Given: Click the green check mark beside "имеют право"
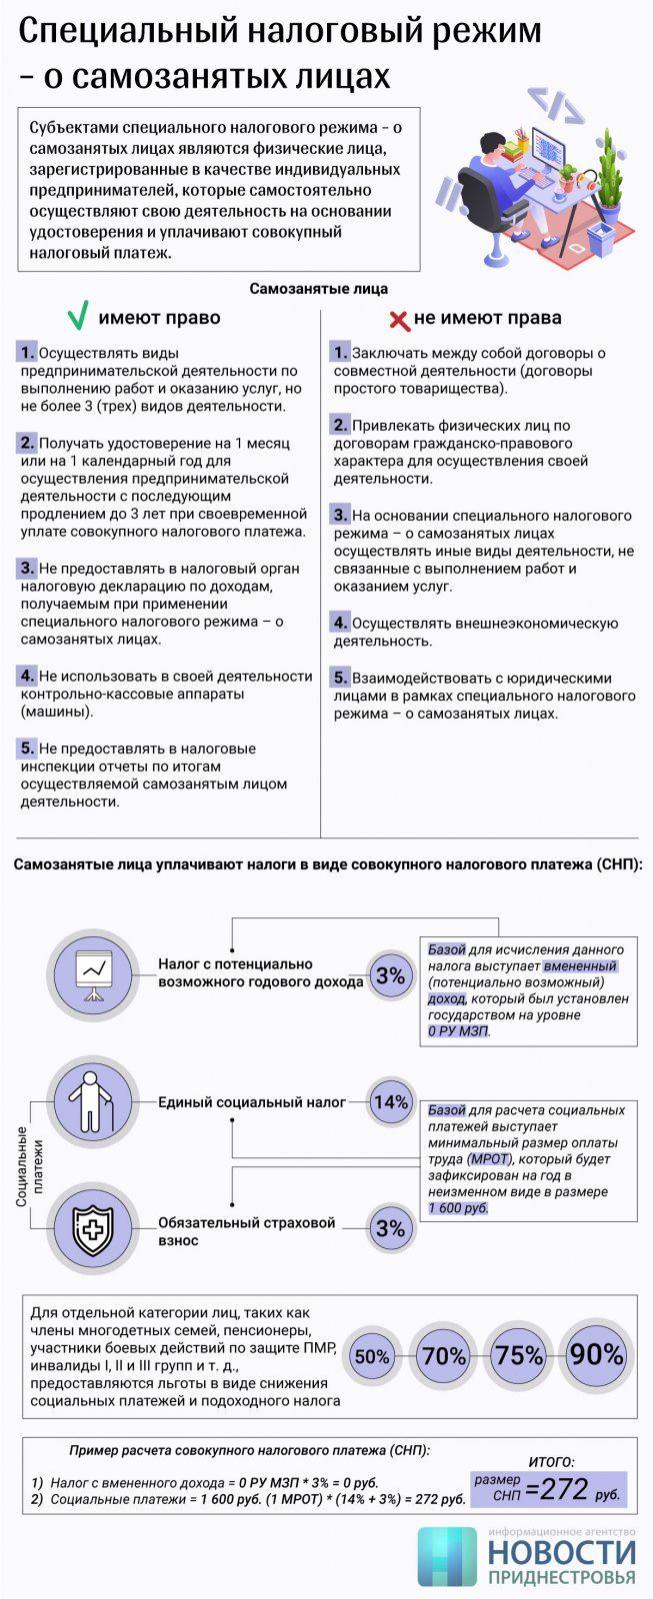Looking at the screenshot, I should click(x=77, y=317).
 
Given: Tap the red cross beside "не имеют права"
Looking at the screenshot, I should click(x=399, y=320).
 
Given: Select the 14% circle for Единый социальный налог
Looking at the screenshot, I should click(x=390, y=1102).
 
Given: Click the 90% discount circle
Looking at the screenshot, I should click(x=597, y=1355).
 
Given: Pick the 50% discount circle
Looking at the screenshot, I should click(x=372, y=1356).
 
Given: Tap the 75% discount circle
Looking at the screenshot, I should click(x=520, y=1356).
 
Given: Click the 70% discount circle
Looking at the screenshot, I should click(x=444, y=1356).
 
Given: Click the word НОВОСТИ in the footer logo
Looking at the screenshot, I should click(x=562, y=1551).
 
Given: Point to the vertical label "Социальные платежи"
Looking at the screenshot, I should click(x=29, y=1165).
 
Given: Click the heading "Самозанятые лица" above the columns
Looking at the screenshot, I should click(x=318, y=289).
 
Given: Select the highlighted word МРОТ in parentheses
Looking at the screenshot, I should click(x=489, y=1158).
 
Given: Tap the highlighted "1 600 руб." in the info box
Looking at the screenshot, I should click(x=459, y=1208).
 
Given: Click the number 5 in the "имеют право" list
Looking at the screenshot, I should click(x=27, y=748).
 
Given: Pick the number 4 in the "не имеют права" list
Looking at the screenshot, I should click(x=340, y=623).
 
